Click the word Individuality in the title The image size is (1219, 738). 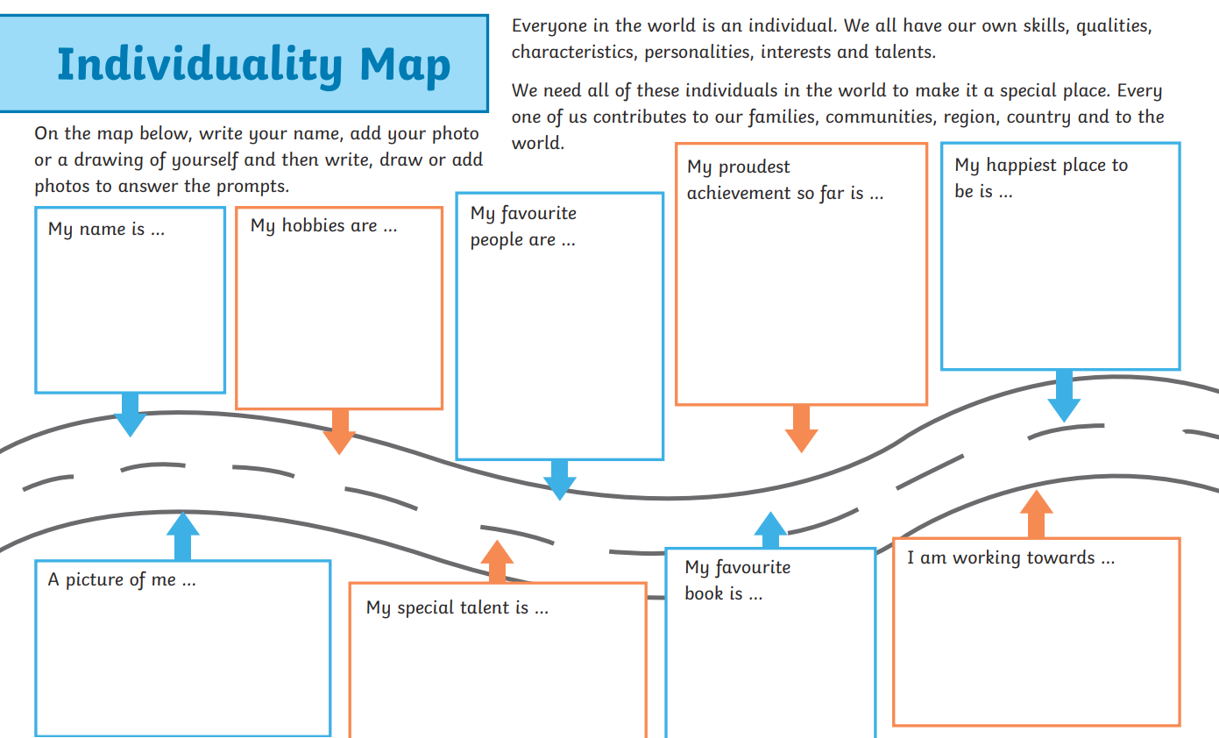click(x=200, y=67)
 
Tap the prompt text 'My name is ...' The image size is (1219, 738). click(x=106, y=229)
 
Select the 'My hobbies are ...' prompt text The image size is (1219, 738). click(x=323, y=226)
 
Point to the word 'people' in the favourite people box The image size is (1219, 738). click(x=513, y=240)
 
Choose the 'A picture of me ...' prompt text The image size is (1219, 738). click(x=121, y=579)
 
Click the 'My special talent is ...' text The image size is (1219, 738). click(x=457, y=607)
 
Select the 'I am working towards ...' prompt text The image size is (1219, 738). click(x=1010, y=557)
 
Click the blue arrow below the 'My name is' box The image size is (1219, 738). click(x=130, y=415)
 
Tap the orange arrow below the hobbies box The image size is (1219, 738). click(x=339, y=431)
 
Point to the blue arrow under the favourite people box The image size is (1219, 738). click(x=559, y=479)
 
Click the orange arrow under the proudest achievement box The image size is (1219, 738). click(x=801, y=429)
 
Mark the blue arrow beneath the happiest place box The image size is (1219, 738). click(x=1064, y=395)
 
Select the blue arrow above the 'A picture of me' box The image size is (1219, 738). click(x=183, y=536)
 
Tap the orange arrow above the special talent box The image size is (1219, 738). click(x=498, y=562)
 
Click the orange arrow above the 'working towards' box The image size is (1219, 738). click(x=1036, y=514)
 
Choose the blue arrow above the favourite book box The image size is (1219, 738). click(x=770, y=529)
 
